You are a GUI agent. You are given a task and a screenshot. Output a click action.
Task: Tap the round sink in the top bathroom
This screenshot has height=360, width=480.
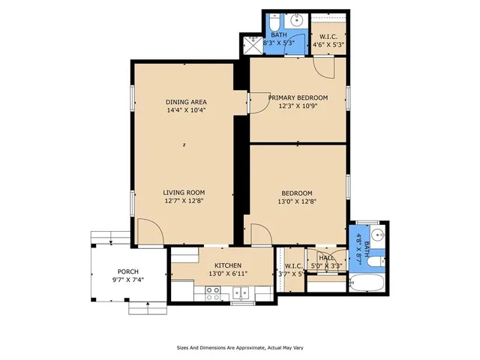[297, 21]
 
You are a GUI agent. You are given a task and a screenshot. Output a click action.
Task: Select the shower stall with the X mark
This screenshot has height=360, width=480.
[253, 43]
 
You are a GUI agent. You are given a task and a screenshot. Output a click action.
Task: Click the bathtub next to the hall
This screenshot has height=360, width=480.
[367, 283]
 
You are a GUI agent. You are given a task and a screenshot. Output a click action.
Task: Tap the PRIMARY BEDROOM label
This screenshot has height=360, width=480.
[298, 98]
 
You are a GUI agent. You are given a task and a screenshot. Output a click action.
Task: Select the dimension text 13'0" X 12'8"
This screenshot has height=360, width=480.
[298, 201]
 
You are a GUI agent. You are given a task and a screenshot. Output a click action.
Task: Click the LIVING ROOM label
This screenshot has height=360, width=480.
[184, 193]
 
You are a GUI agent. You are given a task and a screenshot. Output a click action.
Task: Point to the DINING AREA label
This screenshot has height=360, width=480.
[186, 102]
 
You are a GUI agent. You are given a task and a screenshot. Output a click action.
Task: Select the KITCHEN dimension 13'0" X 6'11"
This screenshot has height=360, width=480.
[227, 274]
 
